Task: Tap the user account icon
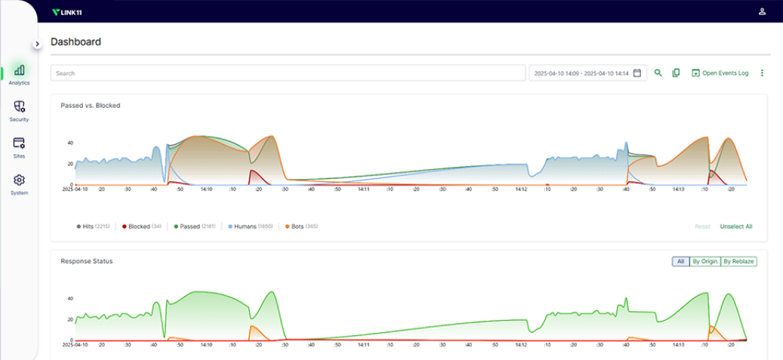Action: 762,11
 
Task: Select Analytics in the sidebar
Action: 19,74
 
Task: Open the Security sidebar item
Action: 19,111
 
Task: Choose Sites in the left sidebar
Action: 19,146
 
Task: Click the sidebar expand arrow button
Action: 37,44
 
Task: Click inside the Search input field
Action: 287,73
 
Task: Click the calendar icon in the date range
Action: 637,73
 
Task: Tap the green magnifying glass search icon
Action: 658,73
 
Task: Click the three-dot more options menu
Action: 762,73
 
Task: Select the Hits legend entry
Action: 94,226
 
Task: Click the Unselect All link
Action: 735,226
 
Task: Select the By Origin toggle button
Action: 704,261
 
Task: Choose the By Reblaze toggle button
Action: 738,261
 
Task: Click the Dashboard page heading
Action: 76,42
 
